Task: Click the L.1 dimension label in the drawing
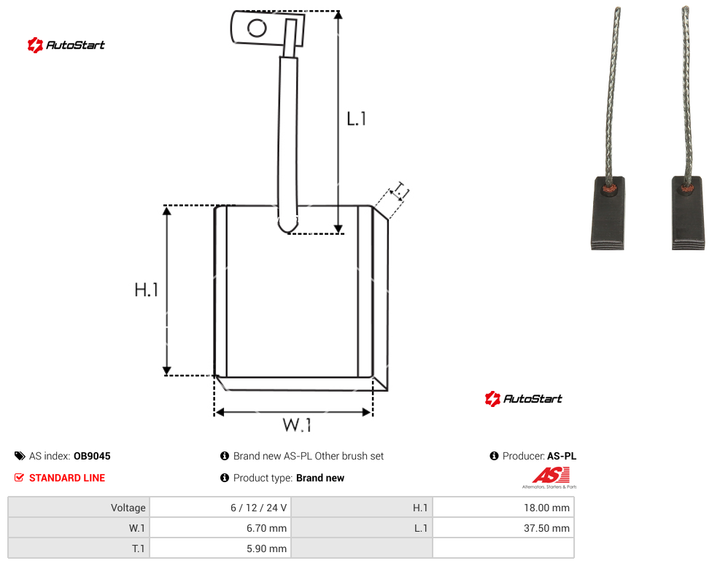(x=356, y=119)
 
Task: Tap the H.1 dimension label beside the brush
(x=146, y=290)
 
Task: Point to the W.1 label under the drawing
(x=297, y=424)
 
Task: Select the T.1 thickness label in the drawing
(x=400, y=191)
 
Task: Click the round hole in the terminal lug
(x=257, y=28)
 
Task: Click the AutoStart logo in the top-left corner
(x=66, y=45)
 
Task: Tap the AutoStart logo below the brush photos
(x=523, y=398)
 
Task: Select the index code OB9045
(x=92, y=456)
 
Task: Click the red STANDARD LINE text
(x=67, y=478)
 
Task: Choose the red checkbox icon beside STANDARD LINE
(x=19, y=478)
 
